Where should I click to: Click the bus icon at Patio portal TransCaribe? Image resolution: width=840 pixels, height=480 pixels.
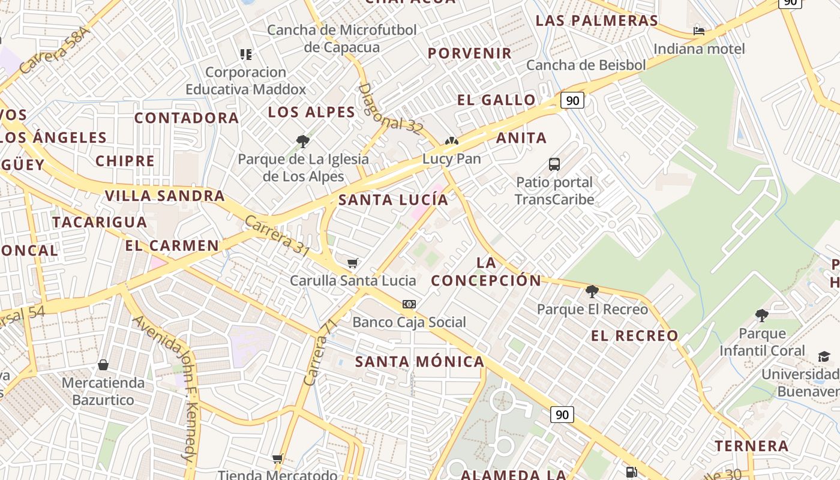point(554,164)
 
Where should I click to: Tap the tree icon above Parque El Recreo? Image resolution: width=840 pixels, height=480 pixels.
point(592,292)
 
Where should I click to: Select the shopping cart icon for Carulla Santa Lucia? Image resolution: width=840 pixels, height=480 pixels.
point(353,263)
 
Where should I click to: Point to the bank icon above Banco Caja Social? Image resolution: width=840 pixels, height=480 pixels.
point(409,304)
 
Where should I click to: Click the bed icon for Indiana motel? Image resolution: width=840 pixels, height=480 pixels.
point(699,31)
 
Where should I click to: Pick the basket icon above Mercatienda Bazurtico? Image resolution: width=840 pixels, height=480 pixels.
point(103,365)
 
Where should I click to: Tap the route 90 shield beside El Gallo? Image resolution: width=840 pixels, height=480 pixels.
point(572,100)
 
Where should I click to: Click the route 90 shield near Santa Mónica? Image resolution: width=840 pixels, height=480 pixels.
point(562,415)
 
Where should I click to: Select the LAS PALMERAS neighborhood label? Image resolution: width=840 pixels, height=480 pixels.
point(597,20)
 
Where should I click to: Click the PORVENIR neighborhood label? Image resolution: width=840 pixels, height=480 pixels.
point(470,53)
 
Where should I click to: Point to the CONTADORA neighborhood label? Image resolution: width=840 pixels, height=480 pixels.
point(187,118)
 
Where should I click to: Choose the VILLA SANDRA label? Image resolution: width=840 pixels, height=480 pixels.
point(164,196)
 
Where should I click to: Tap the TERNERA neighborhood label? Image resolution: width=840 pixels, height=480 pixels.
point(751,446)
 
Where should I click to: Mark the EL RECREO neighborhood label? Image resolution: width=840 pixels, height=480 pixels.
point(635,335)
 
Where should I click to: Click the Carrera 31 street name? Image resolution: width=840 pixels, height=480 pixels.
point(277,236)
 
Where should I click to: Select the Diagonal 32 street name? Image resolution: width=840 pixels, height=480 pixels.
point(391,109)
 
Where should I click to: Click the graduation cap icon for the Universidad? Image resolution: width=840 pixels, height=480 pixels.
point(824,357)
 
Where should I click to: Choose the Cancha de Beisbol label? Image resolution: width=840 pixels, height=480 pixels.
point(586,65)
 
